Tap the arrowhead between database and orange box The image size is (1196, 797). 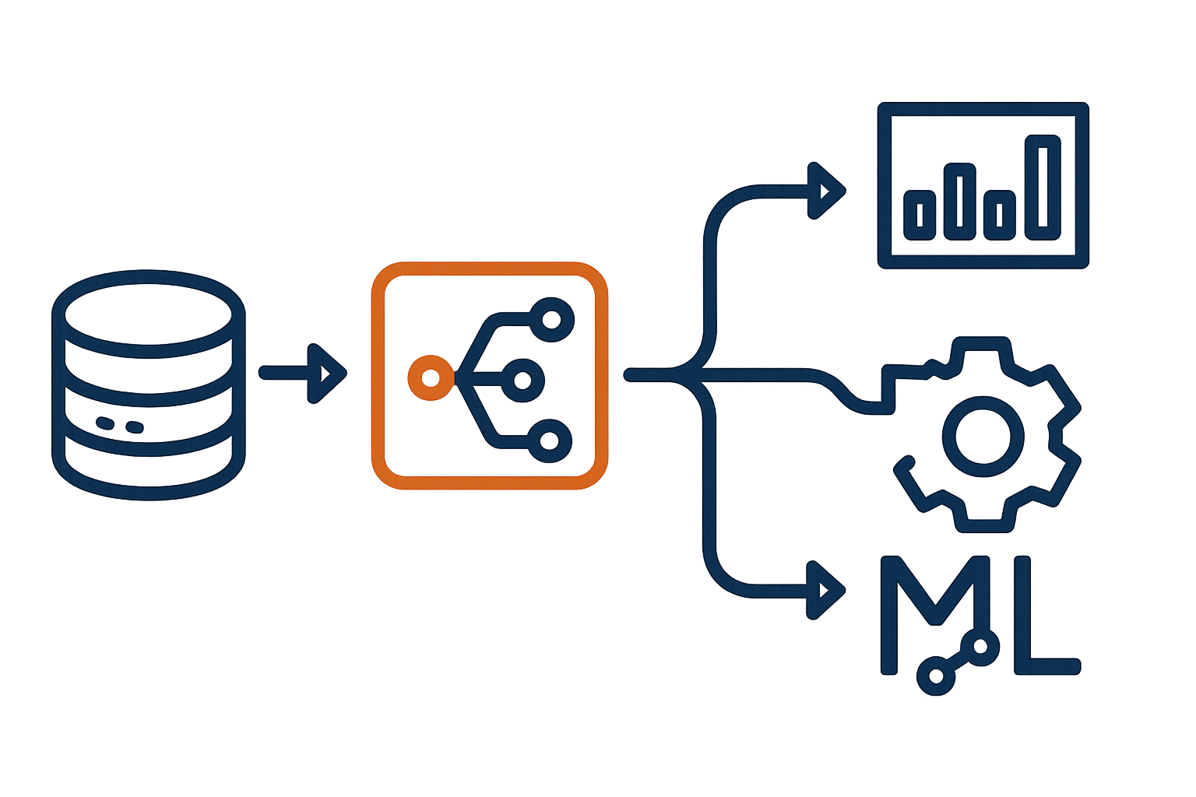pyautogui.click(x=329, y=374)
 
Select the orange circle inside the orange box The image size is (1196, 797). pyautogui.click(x=429, y=378)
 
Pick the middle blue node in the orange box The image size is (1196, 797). pyautogui.click(x=522, y=381)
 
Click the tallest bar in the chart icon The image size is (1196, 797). pyautogui.click(x=1042, y=187)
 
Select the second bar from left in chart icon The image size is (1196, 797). pyautogui.click(x=960, y=201)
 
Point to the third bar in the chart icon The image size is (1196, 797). pyautogui.click(x=1000, y=214)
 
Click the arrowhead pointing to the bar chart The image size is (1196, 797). pyautogui.click(x=827, y=191)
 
